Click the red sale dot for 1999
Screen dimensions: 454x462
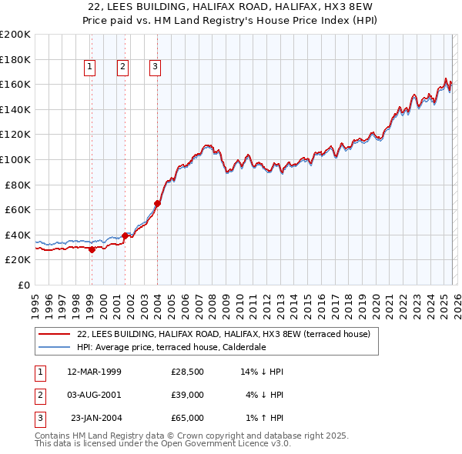pyautogui.click(x=92, y=249)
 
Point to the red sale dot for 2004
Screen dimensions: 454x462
pyautogui.click(x=157, y=204)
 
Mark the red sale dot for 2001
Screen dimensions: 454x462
pyautogui.click(x=125, y=236)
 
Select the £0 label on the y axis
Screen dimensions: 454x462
pyautogui.click(x=22, y=285)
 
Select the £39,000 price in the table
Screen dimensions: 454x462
pyautogui.click(x=187, y=395)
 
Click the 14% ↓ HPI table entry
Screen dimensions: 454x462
pyautogui.click(x=262, y=372)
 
